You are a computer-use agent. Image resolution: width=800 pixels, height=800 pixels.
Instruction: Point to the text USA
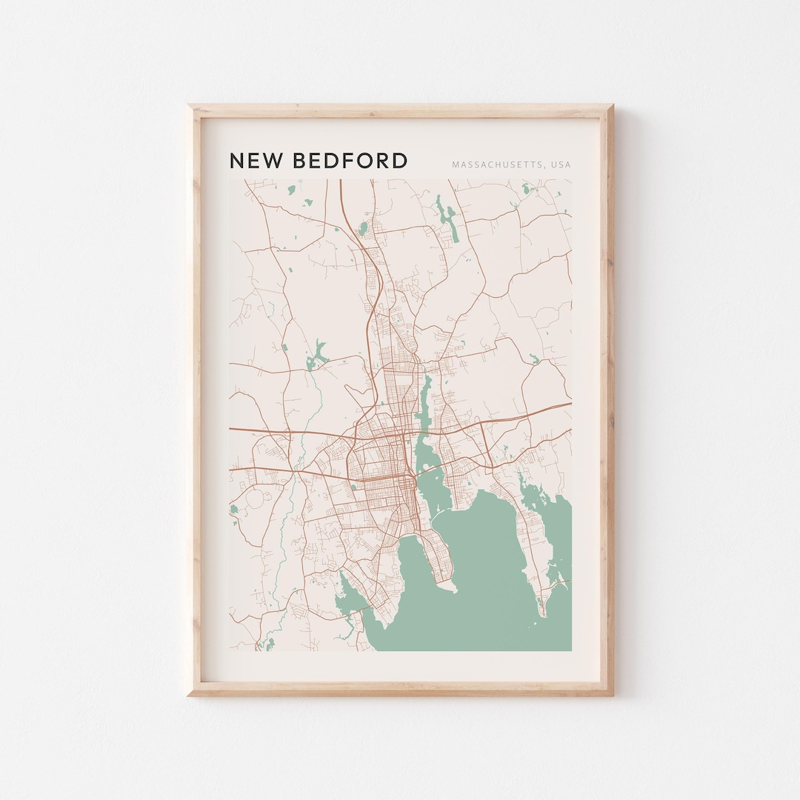[x=561, y=164]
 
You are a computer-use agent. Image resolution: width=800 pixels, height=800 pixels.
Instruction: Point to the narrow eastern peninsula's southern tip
[x=543, y=613]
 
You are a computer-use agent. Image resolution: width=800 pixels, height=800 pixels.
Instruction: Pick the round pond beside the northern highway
[x=362, y=227]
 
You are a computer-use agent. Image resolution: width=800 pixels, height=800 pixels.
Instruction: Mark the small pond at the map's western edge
[x=234, y=510]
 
